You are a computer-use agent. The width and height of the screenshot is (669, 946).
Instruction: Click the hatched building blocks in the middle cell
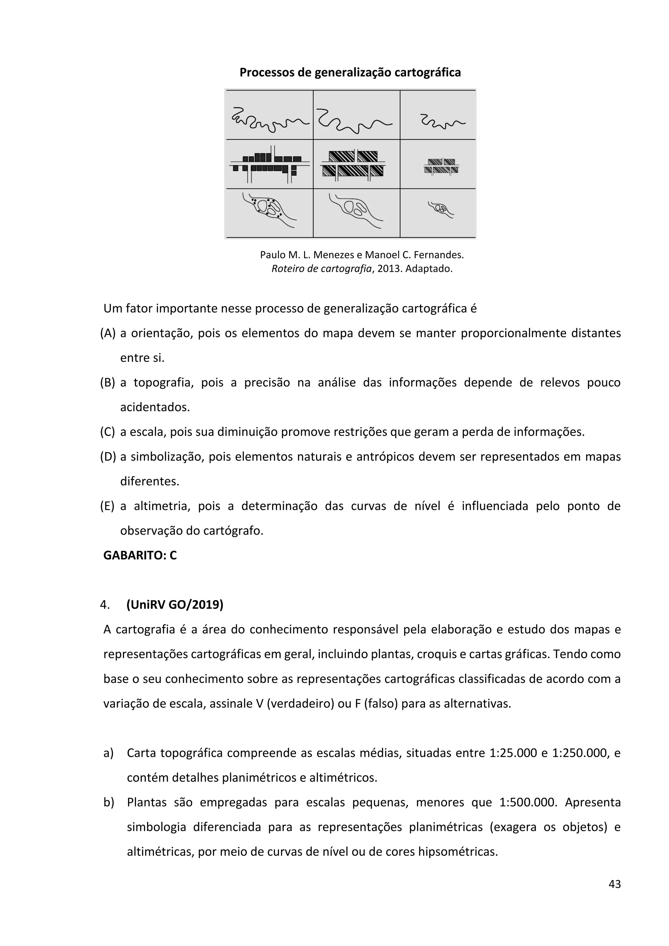tap(353, 164)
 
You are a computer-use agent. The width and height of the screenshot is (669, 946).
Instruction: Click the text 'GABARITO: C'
tap(140, 555)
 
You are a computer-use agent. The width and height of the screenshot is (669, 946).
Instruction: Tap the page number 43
tap(614, 884)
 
